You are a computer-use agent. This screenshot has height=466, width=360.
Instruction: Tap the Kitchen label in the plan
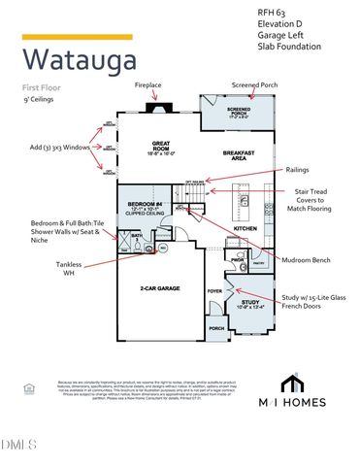(245, 229)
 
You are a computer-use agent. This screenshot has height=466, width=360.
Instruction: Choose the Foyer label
(214, 289)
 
